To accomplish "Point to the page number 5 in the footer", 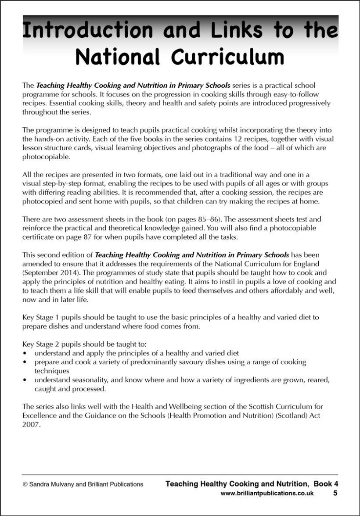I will coord(335,493).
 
